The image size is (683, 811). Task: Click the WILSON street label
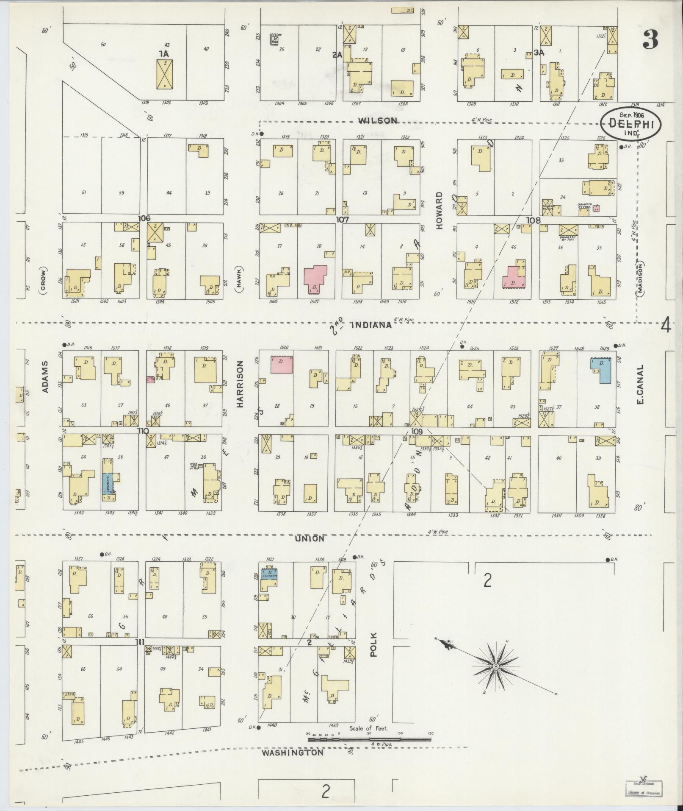click(378, 120)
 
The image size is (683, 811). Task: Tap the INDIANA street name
click(371, 325)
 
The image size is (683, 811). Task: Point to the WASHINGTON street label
click(292, 752)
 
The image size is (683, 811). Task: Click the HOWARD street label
click(439, 211)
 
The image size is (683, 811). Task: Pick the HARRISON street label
click(240, 384)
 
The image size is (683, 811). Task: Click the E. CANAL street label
click(640, 384)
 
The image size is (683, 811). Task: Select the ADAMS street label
click(45, 376)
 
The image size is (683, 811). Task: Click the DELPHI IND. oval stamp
click(631, 124)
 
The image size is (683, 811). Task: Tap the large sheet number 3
click(650, 40)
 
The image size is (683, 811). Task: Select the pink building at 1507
click(315, 279)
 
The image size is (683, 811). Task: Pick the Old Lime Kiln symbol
click(275, 40)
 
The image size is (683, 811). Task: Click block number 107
click(342, 220)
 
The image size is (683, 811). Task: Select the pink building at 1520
click(282, 364)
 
